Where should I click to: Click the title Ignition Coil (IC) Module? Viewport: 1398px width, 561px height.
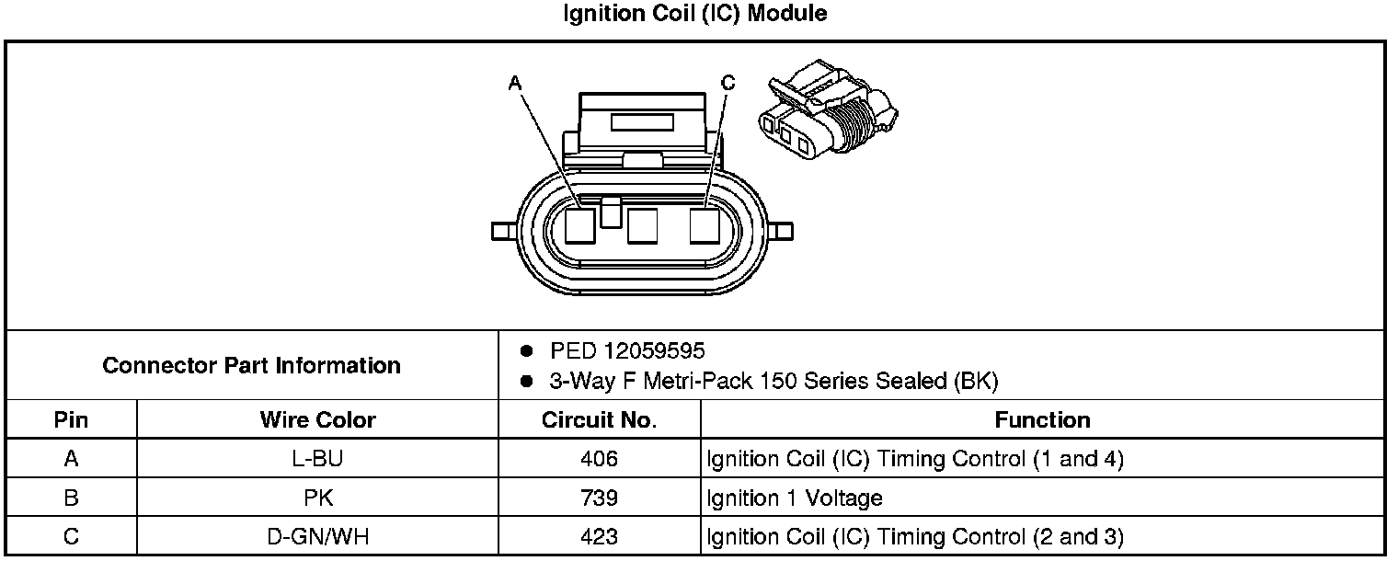694,14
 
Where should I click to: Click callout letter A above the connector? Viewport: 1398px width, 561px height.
515,84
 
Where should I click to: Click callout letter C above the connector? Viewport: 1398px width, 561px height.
728,84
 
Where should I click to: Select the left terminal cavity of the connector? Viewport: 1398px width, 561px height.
580,225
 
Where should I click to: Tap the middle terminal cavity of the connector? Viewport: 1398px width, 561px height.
641,225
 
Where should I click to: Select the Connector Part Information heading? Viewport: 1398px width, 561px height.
251,365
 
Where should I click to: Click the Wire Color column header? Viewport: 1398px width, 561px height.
317,420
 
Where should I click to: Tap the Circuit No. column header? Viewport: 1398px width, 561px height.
599,420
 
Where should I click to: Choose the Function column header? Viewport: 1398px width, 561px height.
1042,420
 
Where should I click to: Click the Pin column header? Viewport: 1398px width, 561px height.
71,420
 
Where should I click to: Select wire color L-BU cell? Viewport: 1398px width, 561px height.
317,459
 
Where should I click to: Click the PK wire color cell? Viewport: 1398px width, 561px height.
317,498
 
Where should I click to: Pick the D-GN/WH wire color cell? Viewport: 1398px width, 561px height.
317,537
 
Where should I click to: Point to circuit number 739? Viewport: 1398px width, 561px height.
599,498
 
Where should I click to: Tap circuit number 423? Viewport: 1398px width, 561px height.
599,537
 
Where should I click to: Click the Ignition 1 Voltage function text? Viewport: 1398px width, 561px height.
795,498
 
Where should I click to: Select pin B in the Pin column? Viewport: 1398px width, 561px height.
71,498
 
